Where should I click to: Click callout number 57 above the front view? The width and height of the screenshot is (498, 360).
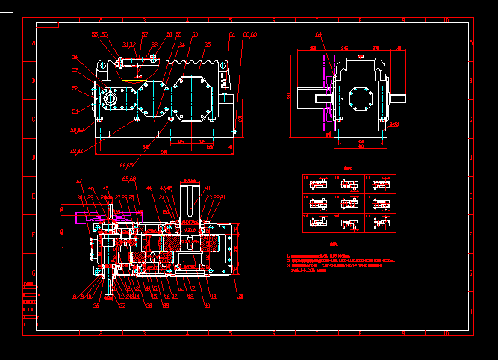[x=145, y=34]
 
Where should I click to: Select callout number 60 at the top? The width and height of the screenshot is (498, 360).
[x=195, y=34]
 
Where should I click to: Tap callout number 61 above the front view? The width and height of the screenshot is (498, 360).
[x=232, y=34]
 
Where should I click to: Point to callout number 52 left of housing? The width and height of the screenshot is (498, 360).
[x=75, y=89]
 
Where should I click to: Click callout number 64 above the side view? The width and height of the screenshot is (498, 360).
[x=319, y=34]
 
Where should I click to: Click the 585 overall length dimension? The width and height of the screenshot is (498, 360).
[x=164, y=152]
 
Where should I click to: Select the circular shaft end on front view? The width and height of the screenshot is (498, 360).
[x=111, y=99]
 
